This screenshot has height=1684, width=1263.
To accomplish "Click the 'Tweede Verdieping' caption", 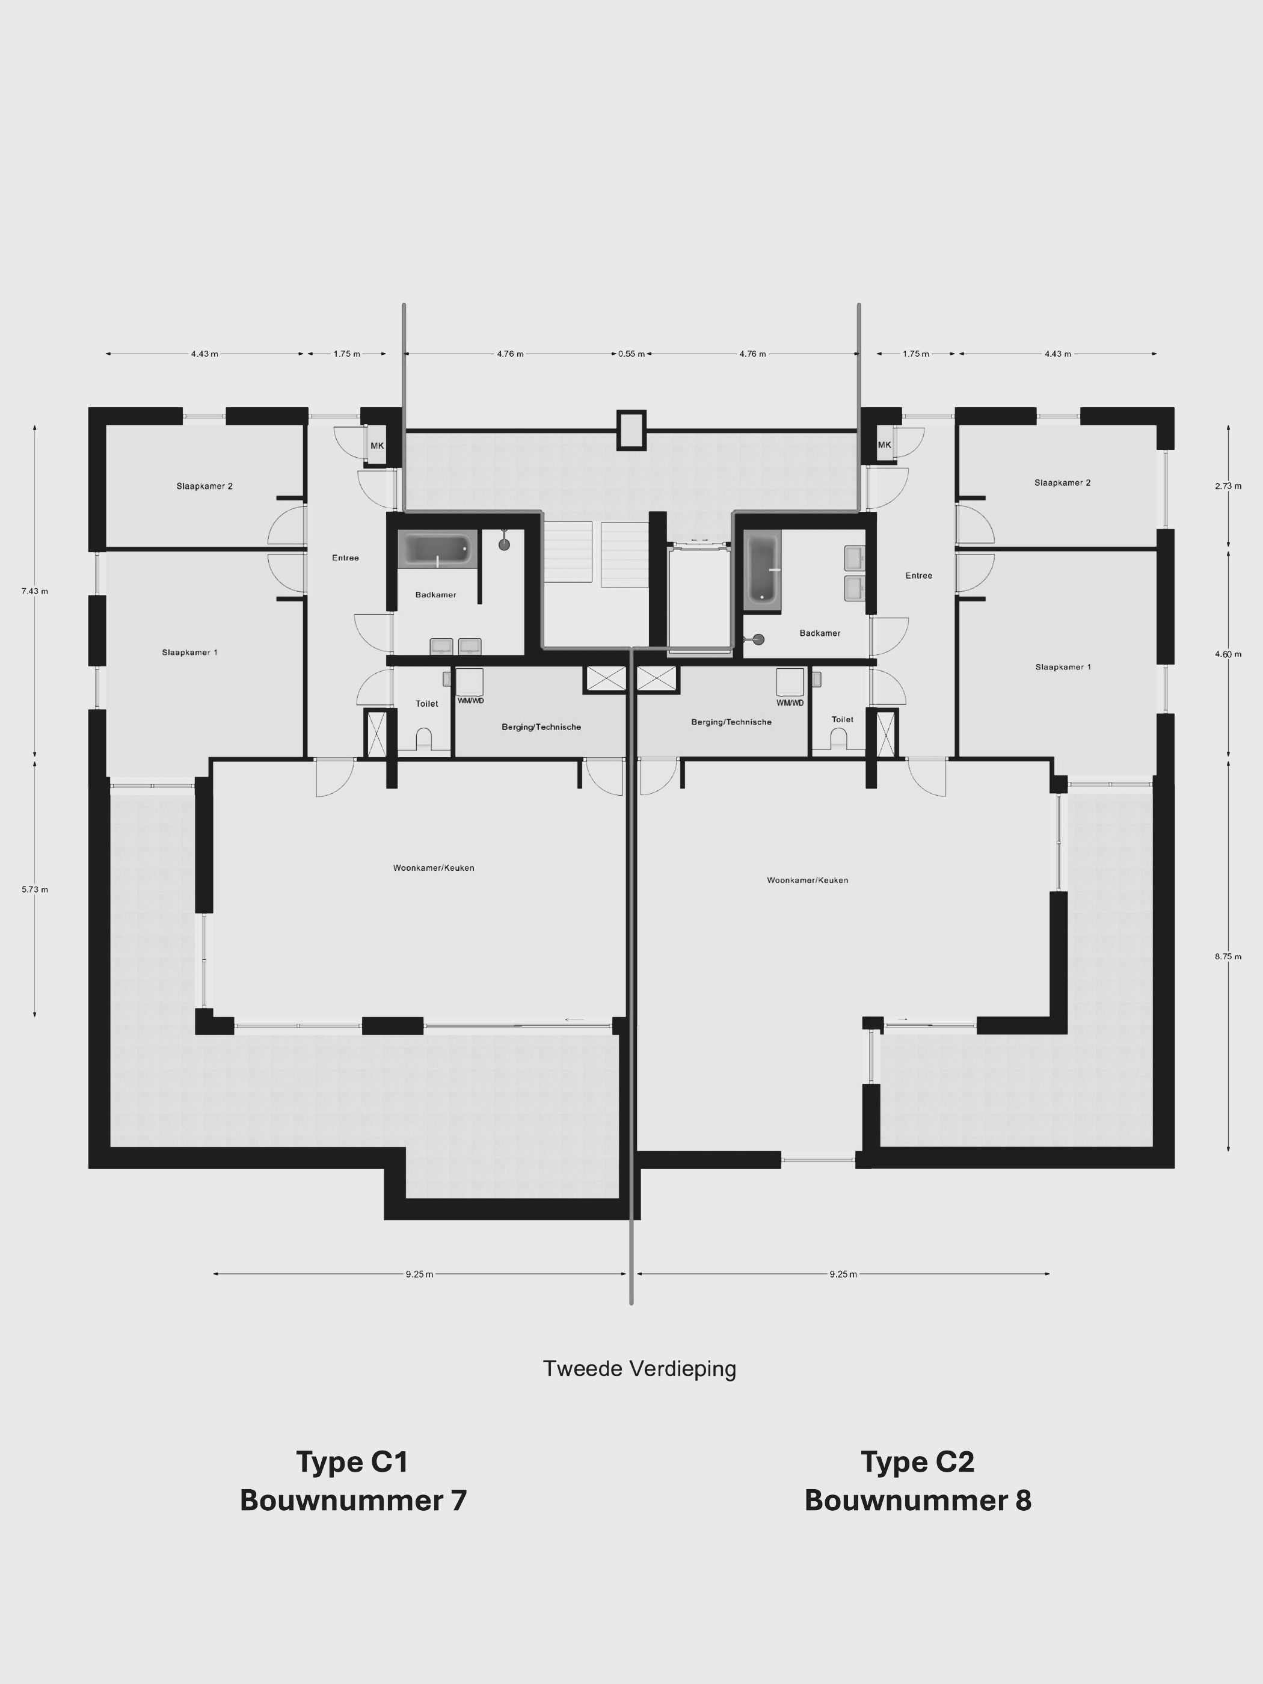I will pos(639,1369).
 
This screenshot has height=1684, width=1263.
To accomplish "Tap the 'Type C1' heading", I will pos(352,1461).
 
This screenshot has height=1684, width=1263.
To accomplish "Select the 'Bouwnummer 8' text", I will pos(917,1501).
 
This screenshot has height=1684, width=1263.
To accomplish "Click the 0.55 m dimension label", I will pos(631,354).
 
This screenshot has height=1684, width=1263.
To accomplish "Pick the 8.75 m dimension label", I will pos(1228,957).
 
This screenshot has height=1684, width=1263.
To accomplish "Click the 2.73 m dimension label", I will pos(1228,486).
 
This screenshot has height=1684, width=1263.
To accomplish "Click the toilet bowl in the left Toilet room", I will pos(424,739).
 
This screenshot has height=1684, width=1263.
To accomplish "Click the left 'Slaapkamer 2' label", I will pos(204,487).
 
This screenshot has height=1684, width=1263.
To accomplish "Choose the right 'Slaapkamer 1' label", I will pos(1063,667).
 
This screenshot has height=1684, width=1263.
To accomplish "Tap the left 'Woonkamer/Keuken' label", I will pos(433,868).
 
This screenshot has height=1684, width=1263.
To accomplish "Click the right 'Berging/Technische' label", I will pos(731,722).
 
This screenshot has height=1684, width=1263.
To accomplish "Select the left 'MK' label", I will pos(377,446).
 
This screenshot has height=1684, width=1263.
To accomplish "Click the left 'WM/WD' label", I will pos(470,701).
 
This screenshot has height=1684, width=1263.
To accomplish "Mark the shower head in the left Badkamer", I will pos(504,544).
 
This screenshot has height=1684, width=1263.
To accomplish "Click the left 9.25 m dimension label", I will pos(419,1274).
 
